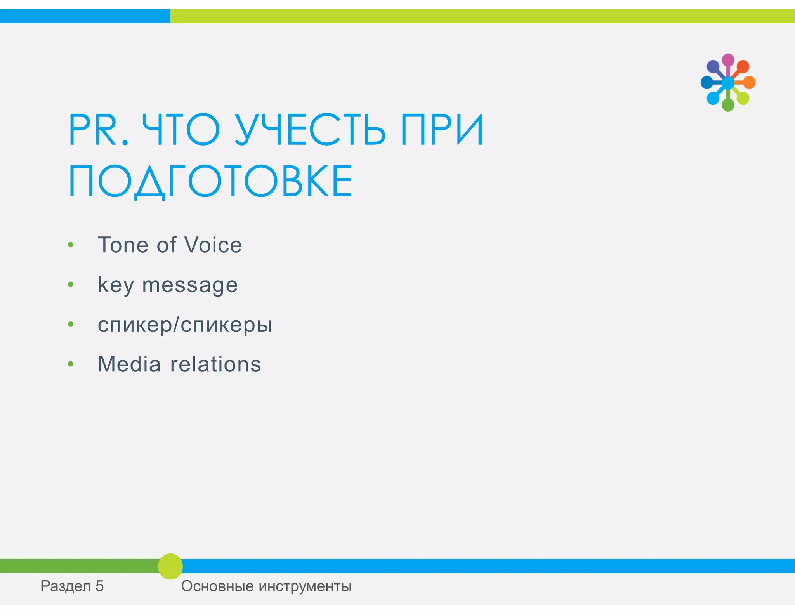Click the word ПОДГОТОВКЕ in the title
(210, 181)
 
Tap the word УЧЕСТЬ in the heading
(310, 130)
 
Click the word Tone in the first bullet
(123, 245)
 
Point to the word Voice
(213, 245)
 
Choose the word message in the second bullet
(190, 285)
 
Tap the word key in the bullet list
(116, 285)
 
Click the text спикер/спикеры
(185, 324)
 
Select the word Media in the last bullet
(129, 364)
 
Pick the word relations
(216, 364)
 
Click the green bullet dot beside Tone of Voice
(71, 245)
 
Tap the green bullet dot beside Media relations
(71, 364)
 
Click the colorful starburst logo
(728, 82)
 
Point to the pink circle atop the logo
(728, 60)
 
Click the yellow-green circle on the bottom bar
(170, 566)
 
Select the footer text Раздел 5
(72, 586)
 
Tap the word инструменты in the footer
(305, 586)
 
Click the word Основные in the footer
(217, 586)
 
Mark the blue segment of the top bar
(85, 16)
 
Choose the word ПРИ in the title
(442, 130)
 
